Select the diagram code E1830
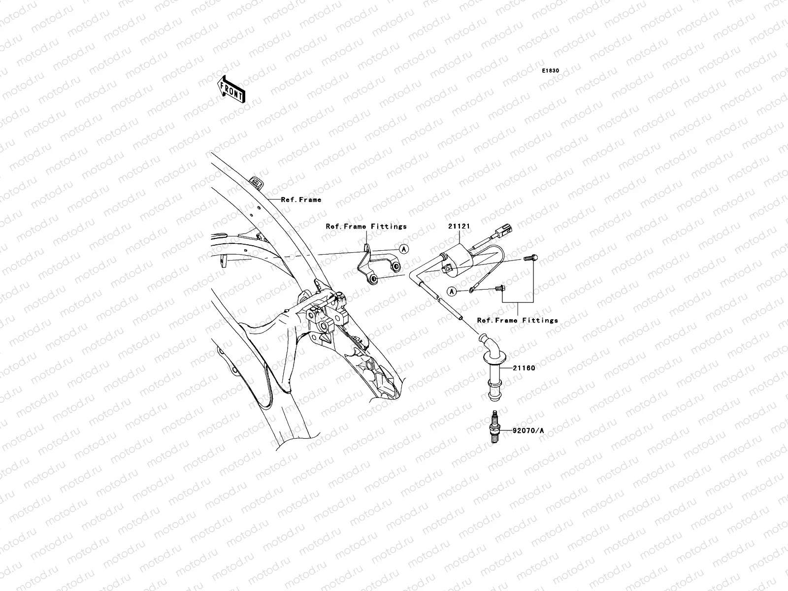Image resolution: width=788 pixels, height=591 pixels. pyautogui.click(x=551, y=71)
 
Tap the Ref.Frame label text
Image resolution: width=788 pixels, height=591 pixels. pyautogui.click(x=301, y=199)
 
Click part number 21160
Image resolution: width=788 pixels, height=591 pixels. pyautogui.click(x=524, y=368)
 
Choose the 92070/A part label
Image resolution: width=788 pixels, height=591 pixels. pyautogui.click(x=528, y=430)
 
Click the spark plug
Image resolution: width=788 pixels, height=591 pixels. pyautogui.click(x=493, y=427)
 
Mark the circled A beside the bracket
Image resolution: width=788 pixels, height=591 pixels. pyautogui.click(x=403, y=249)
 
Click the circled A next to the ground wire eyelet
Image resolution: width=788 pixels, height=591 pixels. pyautogui.click(x=452, y=292)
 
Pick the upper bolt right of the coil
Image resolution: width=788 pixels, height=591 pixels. pyautogui.click(x=530, y=258)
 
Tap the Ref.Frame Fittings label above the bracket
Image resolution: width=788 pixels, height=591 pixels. pyautogui.click(x=366, y=226)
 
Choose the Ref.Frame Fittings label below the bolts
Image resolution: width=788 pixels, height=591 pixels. pyautogui.click(x=517, y=320)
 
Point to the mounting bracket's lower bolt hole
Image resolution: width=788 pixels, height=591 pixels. pyautogui.click(x=374, y=279)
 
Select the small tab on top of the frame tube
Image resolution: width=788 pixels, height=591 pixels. pyautogui.click(x=256, y=182)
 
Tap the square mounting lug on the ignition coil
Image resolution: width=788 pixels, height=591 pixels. pyautogui.click(x=448, y=269)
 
